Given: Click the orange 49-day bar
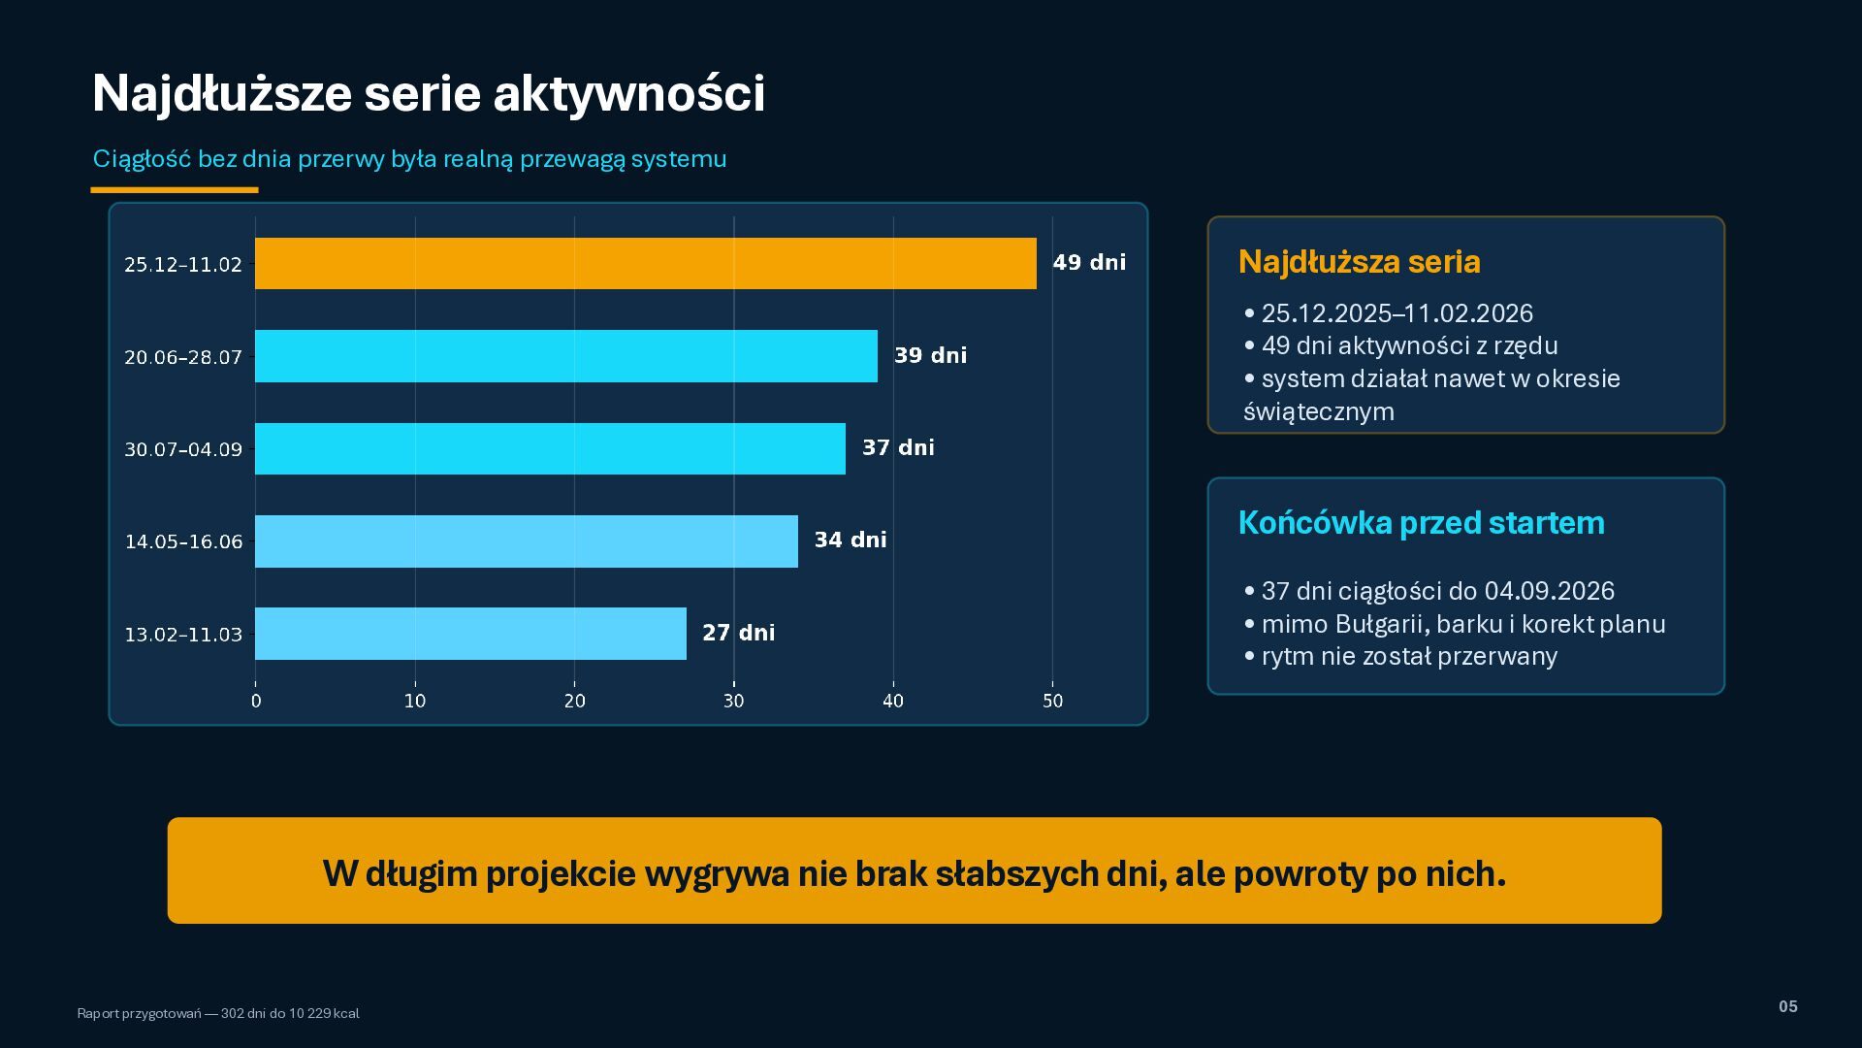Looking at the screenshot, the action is click(646, 263).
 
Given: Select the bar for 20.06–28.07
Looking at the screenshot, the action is click(566, 356).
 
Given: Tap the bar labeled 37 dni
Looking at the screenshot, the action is click(550, 448).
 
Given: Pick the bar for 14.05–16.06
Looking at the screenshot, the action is click(527, 541).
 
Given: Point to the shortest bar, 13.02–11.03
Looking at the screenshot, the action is click(470, 634).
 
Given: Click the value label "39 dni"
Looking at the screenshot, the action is click(931, 355).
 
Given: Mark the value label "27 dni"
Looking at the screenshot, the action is click(739, 633).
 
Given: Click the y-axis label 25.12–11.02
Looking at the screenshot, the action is click(183, 264).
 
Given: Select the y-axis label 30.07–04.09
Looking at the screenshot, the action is click(183, 449).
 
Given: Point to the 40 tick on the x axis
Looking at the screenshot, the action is click(893, 701).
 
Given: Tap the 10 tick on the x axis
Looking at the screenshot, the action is click(415, 701).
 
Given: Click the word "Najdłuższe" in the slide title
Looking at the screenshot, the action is click(222, 94).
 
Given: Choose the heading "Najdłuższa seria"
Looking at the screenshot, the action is click(1360, 262).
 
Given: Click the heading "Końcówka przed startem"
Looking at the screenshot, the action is click(1422, 523).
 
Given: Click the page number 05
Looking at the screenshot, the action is click(1788, 1006).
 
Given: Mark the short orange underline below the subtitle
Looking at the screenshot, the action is click(175, 190).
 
